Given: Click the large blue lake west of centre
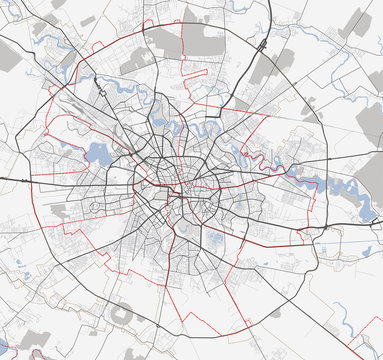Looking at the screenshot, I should click(x=99, y=153).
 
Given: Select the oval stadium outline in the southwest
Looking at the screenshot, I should click(x=123, y=313).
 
